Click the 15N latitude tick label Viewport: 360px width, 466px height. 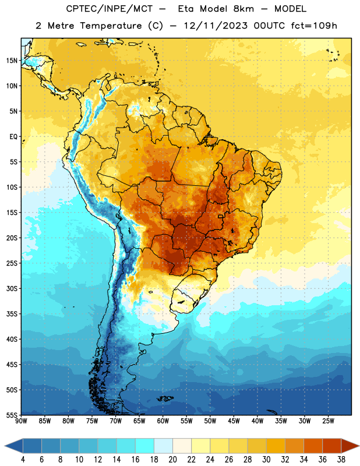coord(12,61)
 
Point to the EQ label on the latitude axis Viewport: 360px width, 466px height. coord(13,137)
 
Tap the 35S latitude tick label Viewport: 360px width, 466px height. coord(12,314)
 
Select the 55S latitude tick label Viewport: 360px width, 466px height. coord(12,415)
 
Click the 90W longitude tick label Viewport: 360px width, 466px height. coord(21,421)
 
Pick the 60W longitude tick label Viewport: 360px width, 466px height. coord(163,421)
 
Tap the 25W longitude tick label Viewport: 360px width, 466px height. coord(328,421)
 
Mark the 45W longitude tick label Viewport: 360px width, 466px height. coord(234,421)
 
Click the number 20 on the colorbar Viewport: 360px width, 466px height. coord(172,460)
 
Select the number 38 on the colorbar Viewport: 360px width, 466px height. coord(341,460)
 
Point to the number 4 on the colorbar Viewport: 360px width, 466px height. coord(23,460)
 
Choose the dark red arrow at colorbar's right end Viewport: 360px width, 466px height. coord(350,446)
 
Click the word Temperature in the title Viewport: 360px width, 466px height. coord(111,26)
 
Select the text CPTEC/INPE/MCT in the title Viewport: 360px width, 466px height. coord(109,9)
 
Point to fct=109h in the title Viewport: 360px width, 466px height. coord(314,26)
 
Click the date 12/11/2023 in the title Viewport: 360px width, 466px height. coord(215,26)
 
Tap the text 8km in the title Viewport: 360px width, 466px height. coord(243,9)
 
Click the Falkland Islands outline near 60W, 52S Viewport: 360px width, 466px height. coord(165,398)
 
